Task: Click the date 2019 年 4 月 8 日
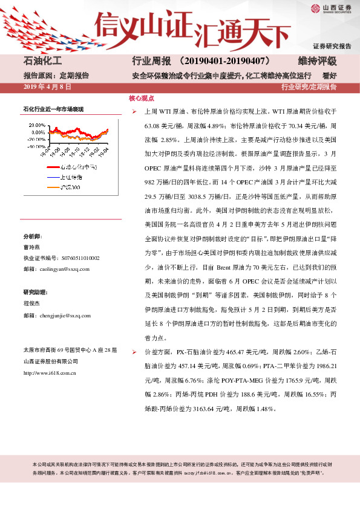(47, 88)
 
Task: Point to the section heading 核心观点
(142, 98)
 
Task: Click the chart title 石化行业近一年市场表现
(53, 109)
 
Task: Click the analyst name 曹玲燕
(31, 248)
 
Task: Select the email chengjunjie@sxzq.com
(64, 316)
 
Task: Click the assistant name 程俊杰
(31, 305)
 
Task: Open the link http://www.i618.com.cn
(49, 373)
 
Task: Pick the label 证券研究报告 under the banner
(332, 47)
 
